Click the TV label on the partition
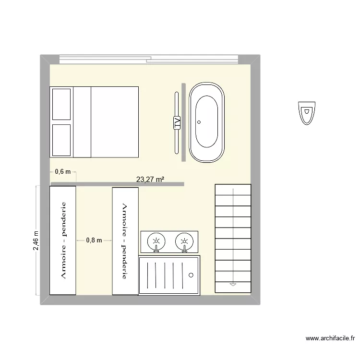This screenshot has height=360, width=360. pos(177,123)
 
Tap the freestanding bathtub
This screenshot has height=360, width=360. pos(206,122)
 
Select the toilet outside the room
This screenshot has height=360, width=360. pos(306,112)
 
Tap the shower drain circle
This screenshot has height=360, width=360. pos(191,275)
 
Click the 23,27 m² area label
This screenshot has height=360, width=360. pos(151,180)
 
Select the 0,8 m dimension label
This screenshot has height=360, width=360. pos(94,240)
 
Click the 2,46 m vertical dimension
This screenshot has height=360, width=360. pos(36,240)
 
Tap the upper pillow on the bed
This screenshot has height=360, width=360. pos(61,104)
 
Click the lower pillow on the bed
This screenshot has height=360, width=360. pos(61,140)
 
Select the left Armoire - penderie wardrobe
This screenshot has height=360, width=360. pos(63,240)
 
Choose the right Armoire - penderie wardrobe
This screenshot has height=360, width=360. pos(125,240)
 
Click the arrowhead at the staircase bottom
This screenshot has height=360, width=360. pos(233,284)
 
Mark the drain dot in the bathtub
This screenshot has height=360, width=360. pos(198,122)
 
